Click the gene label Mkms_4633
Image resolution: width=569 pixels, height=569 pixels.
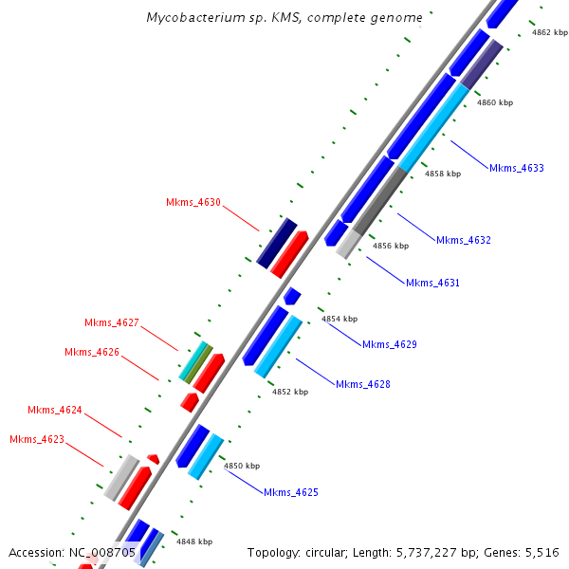pos(517,168)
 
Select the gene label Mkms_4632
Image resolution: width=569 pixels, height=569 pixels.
pos(464,240)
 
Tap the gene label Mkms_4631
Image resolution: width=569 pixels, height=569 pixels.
pos(432,283)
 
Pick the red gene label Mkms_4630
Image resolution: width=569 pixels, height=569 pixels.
pos(193,202)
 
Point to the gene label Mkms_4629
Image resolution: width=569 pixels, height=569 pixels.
pos(390,344)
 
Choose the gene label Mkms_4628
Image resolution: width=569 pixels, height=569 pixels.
pos(363,384)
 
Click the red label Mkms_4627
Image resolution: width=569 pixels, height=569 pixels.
pos(112,322)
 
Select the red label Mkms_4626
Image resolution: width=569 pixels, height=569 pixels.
pos(92,352)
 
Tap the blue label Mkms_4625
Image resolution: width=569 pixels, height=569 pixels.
pos(291,492)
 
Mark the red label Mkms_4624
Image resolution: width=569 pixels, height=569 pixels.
pos(55,410)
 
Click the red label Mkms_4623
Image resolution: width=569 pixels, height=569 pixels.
pos(37,439)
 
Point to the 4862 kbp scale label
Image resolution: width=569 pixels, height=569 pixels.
pos(550,32)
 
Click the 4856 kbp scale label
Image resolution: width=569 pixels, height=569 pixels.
pos(390,246)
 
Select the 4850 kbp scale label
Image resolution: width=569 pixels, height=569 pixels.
pos(241,466)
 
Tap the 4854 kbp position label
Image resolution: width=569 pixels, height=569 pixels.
pos(340,319)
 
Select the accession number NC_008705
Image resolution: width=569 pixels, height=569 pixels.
pos(102,552)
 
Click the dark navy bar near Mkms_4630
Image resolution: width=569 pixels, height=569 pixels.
pos(277,243)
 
